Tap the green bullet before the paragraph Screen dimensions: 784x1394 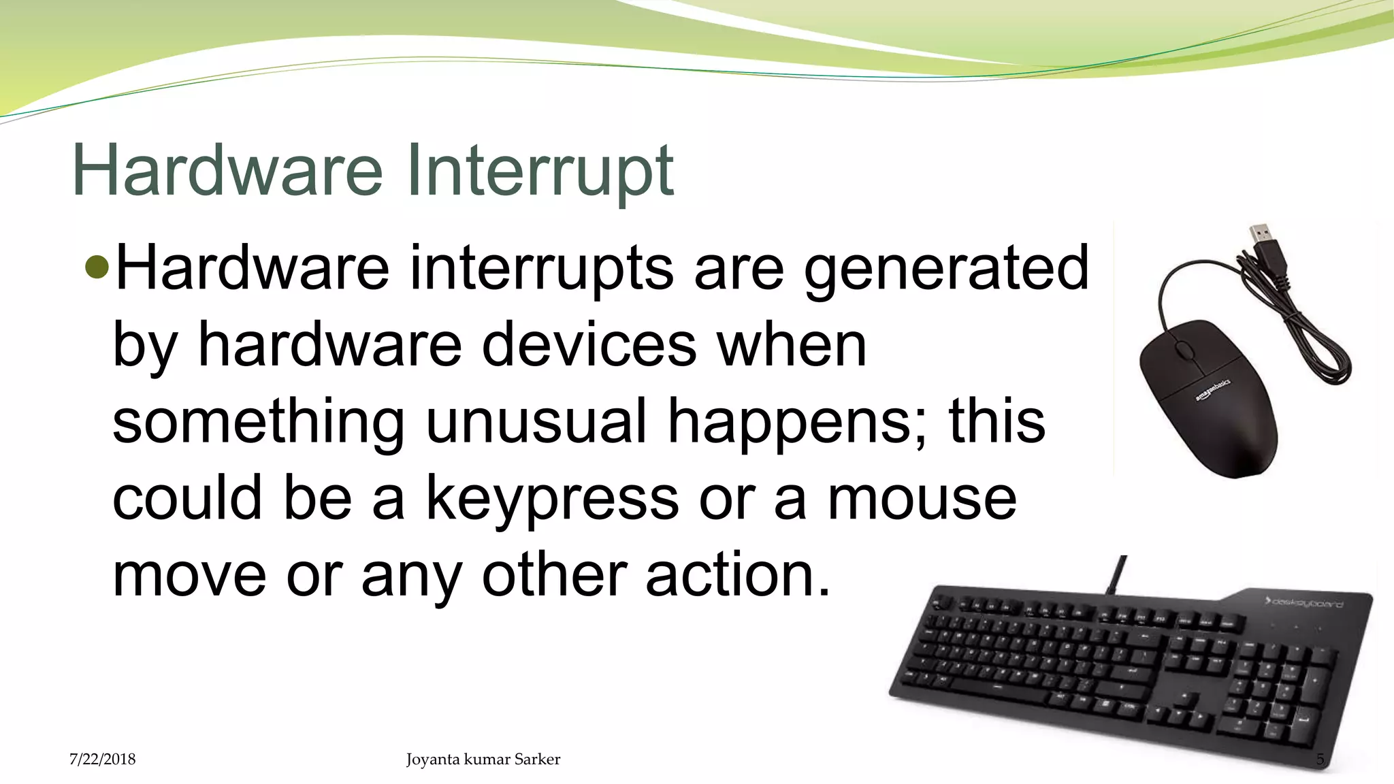tap(98, 268)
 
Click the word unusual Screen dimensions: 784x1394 tap(536, 422)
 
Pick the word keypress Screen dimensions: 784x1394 tap(552, 500)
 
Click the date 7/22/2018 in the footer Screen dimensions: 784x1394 tap(103, 759)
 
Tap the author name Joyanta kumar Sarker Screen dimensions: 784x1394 tap(483, 759)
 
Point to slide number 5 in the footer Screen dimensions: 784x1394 tap(1320, 759)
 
